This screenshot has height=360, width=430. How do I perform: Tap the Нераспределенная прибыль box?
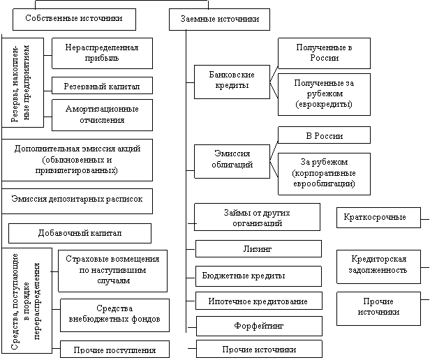coord(102,54)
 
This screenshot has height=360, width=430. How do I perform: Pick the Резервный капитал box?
coord(102,86)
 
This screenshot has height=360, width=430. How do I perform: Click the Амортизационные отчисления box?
coord(102,115)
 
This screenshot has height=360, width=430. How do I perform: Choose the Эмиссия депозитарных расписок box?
coord(77,200)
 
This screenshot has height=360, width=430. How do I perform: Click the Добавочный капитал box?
coord(79,232)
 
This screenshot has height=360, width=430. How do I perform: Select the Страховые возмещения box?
coord(112,269)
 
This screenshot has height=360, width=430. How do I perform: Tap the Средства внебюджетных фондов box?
coord(113,315)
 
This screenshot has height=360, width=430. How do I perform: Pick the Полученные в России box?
coord(323,53)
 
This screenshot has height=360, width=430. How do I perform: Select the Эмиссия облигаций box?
coord(231,159)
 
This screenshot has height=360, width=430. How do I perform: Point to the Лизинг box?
coord(257,248)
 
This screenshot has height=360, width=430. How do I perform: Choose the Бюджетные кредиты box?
coord(255,276)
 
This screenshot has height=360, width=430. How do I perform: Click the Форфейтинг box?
coord(258,326)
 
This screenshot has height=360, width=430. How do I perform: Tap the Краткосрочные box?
coord(378,218)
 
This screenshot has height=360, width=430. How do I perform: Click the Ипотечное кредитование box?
coord(258,301)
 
